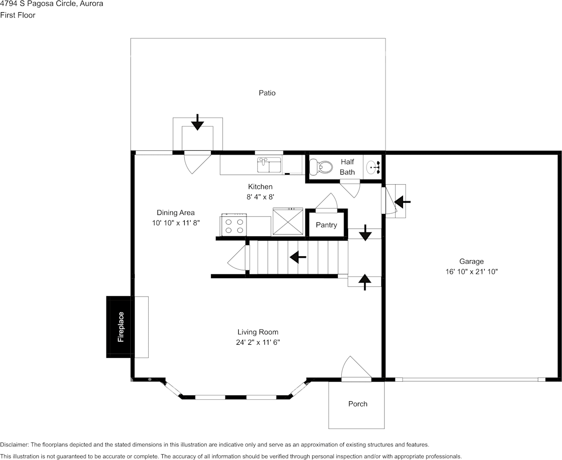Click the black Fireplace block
pyautogui.click(x=118, y=327)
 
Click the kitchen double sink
pyautogui.click(x=269, y=165)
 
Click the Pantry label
pyautogui.click(x=326, y=225)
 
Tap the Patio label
pyautogui.click(x=267, y=93)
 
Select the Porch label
pyautogui.click(x=358, y=404)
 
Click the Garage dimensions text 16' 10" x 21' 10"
pyautogui.click(x=471, y=272)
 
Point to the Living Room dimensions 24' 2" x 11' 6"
pyautogui.click(x=258, y=342)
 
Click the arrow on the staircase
pyautogui.click(x=298, y=256)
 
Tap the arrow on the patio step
pyautogui.click(x=197, y=123)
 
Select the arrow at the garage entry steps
pyautogui.click(x=403, y=201)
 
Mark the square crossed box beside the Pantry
pyautogui.click(x=288, y=222)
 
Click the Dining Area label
pyautogui.click(x=176, y=212)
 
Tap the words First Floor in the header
pyautogui.click(x=18, y=15)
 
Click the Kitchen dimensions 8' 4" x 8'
pyautogui.click(x=261, y=197)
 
